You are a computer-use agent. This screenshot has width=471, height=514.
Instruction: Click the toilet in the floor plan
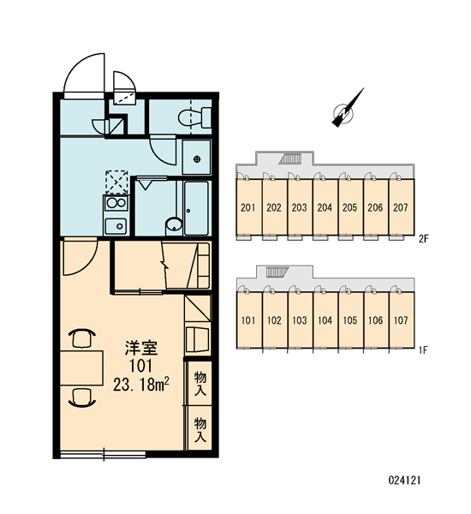point(194,117)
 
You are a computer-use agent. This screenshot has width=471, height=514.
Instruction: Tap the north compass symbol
point(347,109)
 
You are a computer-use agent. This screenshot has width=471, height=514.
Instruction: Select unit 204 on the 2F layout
point(325,207)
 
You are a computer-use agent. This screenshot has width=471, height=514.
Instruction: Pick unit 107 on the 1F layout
point(402,320)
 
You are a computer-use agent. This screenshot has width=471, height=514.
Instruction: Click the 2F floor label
point(424,239)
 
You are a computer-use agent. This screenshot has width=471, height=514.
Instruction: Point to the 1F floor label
point(423,350)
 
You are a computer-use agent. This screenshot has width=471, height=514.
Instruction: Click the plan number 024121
point(404,481)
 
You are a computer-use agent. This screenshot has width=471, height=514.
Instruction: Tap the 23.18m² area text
point(141,384)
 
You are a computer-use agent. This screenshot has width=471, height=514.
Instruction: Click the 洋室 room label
point(141,348)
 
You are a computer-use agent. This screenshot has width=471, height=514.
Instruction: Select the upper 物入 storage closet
point(200,383)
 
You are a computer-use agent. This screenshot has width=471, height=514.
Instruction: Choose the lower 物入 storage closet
point(200,429)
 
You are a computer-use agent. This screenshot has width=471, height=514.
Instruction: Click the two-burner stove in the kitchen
point(116,203)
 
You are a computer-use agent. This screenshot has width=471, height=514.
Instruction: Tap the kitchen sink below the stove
point(116,226)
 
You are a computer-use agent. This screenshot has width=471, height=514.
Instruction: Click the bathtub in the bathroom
point(196,208)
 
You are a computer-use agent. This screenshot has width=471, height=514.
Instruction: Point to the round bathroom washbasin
point(174,225)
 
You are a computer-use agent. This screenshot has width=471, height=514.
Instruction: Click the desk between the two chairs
point(81,368)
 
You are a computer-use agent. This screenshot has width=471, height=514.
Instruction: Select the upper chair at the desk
point(82,338)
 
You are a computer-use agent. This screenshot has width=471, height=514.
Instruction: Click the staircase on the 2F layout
point(290,159)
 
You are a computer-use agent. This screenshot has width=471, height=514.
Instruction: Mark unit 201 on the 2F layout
point(248,207)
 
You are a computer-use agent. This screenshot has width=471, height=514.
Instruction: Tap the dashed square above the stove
point(116,182)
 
